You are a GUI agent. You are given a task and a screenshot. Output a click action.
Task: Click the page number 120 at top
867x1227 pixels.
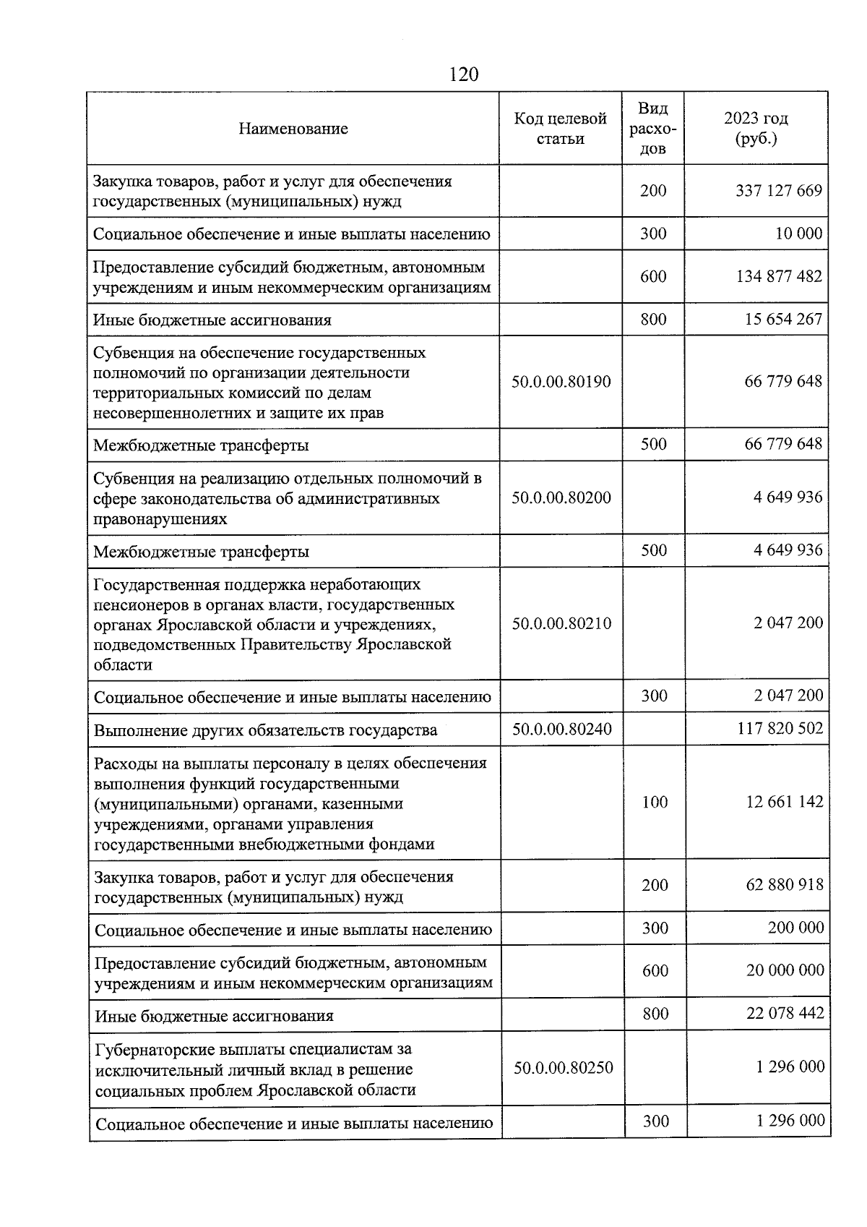(x=463, y=74)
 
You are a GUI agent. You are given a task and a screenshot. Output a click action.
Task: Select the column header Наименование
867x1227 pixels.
(x=293, y=129)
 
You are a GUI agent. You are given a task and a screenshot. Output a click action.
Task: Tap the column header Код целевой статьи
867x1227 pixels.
(x=560, y=129)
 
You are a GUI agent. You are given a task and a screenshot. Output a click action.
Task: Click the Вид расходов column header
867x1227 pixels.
(x=653, y=129)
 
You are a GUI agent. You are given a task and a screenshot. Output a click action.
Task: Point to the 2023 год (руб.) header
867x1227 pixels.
(x=756, y=128)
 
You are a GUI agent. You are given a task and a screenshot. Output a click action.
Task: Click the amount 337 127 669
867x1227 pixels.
(x=779, y=191)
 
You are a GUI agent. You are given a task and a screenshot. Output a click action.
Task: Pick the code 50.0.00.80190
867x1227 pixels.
(x=561, y=382)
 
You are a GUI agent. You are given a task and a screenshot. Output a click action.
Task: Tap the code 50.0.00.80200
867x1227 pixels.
(x=561, y=497)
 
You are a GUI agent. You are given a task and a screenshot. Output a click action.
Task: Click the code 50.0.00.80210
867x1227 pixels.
(x=561, y=623)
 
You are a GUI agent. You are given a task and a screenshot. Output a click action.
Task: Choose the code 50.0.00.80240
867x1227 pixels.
(x=562, y=730)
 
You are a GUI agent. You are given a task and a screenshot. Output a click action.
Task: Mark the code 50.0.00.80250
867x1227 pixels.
(x=563, y=1067)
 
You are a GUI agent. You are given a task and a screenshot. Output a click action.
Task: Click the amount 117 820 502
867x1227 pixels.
(x=780, y=728)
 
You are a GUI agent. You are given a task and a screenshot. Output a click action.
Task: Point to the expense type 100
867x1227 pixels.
(x=655, y=802)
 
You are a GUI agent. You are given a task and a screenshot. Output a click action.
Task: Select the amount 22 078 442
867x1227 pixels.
(x=785, y=1013)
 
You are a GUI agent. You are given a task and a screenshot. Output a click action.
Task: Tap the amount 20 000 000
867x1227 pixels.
(x=785, y=970)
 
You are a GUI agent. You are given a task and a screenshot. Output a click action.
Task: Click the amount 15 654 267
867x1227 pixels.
(x=783, y=319)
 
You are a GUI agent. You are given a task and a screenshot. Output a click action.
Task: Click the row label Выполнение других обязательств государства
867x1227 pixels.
(x=266, y=730)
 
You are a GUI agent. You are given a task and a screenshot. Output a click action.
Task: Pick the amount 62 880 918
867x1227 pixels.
(x=785, y=885)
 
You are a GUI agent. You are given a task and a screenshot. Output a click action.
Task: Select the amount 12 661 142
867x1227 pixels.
(x=785, y=802)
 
